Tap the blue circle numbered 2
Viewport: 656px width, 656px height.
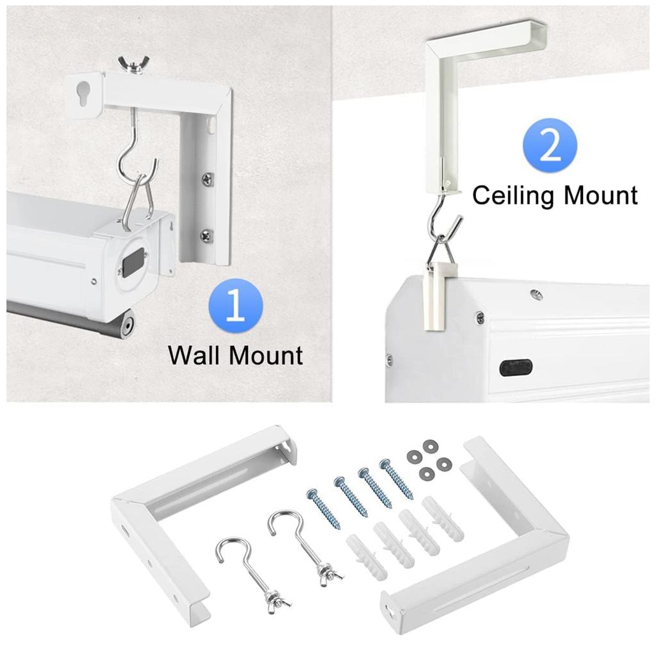pos(550,147)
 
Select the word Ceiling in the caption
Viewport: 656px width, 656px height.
pos(517,195)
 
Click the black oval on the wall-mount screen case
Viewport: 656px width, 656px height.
pos(133,263)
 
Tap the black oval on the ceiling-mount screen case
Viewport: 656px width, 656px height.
pos(516,367)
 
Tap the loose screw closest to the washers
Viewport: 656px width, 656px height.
pos(397,479)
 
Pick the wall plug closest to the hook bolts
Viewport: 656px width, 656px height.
pos(366,557)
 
